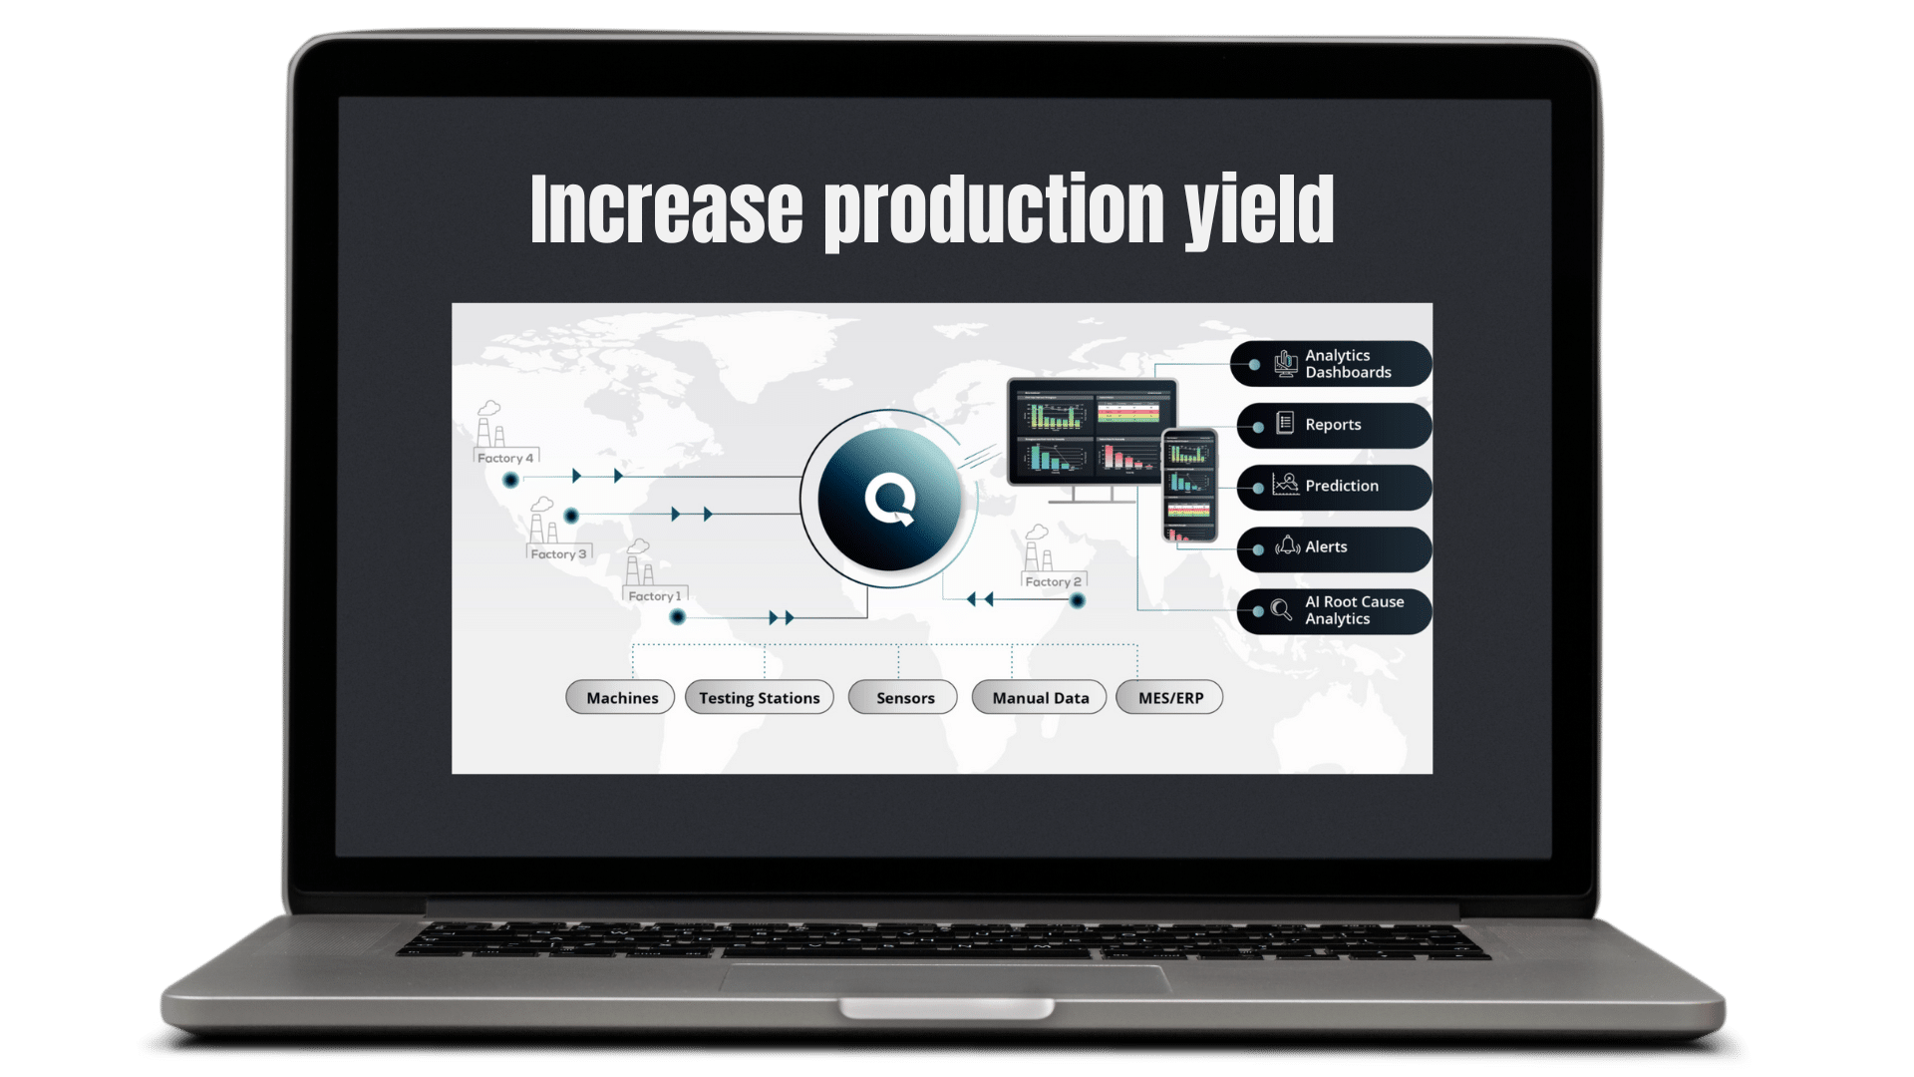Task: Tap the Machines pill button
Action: point(621,698)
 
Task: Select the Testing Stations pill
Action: point(759,698)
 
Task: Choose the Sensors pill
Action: point(904,698)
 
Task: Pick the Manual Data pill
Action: point(1040,698)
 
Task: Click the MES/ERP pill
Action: point(1170,698)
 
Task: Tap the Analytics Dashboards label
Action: point(1347,364)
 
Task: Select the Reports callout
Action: point(1333,425)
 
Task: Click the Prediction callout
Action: point(1341,487)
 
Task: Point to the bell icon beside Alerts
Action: point(1287,545)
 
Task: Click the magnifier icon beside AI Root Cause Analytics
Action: point(1281,609)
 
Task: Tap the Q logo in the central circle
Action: point(889,500)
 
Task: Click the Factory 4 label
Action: point(505,458)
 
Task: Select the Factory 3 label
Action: point(558,553)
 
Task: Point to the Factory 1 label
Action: point(655,596)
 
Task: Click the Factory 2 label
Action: point(1053,581)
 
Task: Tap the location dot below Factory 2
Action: point(1077,600)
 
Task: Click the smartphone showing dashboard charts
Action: point(1189,486)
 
